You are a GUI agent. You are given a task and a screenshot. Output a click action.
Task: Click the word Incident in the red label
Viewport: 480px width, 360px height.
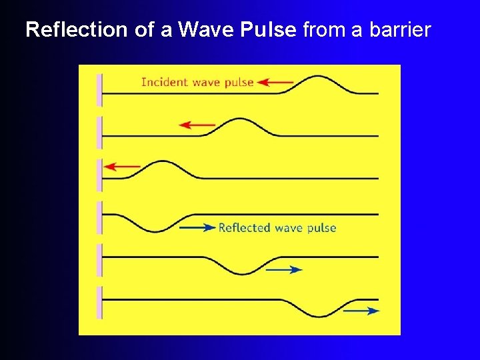165,83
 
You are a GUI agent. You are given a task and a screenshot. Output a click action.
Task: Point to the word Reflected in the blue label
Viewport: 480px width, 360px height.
244,228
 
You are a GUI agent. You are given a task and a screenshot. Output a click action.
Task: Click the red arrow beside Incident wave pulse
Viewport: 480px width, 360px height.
275,83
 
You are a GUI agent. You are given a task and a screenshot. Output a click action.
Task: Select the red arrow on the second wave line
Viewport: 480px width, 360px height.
197,125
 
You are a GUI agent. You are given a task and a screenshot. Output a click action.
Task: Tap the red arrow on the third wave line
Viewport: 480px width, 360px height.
123,167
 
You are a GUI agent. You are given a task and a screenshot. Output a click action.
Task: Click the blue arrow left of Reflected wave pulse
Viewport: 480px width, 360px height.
198,227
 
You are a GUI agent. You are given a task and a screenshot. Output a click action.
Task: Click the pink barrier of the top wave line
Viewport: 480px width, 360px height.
99,89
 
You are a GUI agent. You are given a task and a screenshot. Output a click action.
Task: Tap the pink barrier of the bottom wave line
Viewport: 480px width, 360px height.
99,303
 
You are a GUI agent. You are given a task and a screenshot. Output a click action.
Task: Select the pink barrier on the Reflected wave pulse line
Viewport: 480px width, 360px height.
99,217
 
